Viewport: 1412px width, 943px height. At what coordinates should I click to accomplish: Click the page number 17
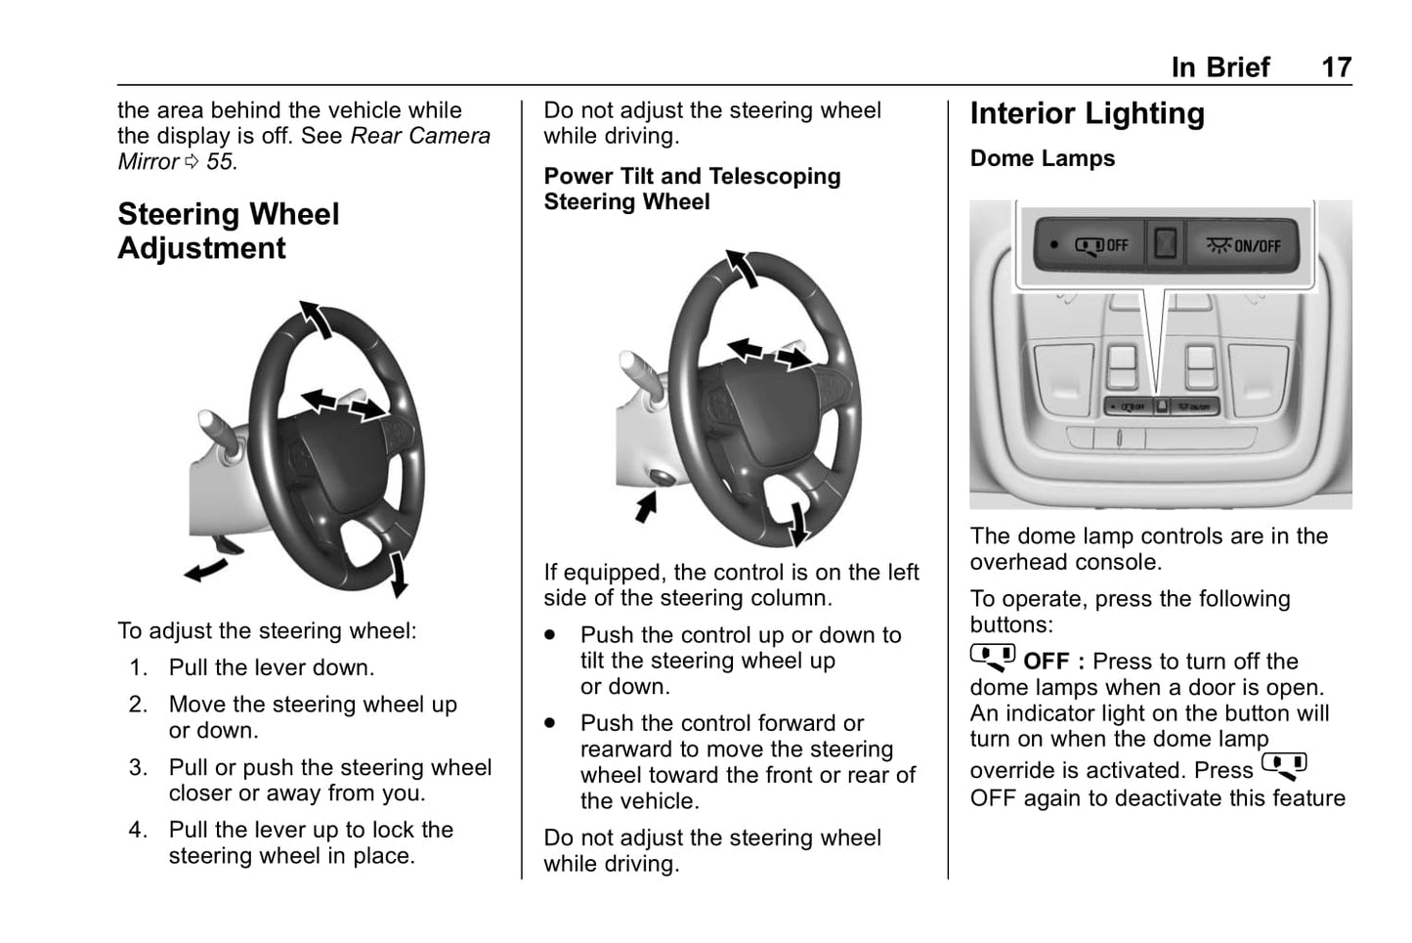tap(1336, 67)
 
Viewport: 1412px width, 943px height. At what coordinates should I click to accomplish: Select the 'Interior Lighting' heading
tap(1087, 113)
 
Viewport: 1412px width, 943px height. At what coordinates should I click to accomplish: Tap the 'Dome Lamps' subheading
tap(1042, 158)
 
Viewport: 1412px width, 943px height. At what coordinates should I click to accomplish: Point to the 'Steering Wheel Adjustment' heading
tap(228, 231)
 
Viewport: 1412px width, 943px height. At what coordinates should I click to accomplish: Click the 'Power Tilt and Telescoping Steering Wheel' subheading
tap(691, 189)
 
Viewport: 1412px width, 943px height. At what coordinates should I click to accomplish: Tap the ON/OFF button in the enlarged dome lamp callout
tap(1244, 244)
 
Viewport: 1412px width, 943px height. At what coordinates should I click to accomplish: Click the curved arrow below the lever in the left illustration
tap(206, 569)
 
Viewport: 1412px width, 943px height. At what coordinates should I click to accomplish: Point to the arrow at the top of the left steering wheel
tap(315, 319)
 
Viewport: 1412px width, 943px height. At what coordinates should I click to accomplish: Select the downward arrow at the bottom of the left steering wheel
tap(398, 574)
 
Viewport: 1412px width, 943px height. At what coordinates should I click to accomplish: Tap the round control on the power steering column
tap(663, 478)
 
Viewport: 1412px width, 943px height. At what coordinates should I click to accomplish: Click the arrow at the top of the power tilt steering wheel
tap(742, 268)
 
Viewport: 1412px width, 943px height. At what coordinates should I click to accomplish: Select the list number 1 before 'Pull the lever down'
tap(139, 668)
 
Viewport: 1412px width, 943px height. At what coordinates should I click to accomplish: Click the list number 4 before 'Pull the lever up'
tap(139, 831)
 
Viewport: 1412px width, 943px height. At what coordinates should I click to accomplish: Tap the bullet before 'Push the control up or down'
tap(551, 635)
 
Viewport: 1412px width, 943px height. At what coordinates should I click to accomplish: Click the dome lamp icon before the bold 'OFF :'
tap(992, 658)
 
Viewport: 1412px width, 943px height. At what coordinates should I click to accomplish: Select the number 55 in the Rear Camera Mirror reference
tap(220, 162)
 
